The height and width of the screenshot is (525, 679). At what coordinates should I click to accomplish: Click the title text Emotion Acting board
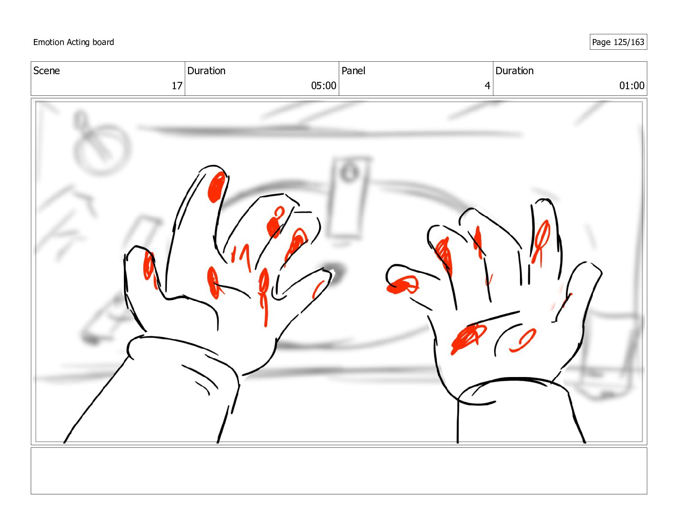(73, 42)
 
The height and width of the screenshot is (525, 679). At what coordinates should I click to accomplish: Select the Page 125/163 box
(618, 42)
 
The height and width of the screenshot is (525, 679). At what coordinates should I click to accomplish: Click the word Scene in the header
(47, 71)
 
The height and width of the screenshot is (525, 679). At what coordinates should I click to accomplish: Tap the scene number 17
(177, 86)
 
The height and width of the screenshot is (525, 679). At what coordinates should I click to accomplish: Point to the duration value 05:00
(323, 86)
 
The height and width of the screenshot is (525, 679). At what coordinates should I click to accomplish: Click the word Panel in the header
(353, 71)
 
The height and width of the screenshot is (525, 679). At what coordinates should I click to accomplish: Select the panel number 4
(487, 86)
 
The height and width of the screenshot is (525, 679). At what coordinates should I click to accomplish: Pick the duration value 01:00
(631, 86)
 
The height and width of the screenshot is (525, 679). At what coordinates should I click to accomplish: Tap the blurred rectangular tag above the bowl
(349, 197)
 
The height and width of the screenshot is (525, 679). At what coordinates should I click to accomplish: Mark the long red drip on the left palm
(264, 296)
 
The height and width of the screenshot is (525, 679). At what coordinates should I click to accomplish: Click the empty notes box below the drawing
(339, 471)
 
